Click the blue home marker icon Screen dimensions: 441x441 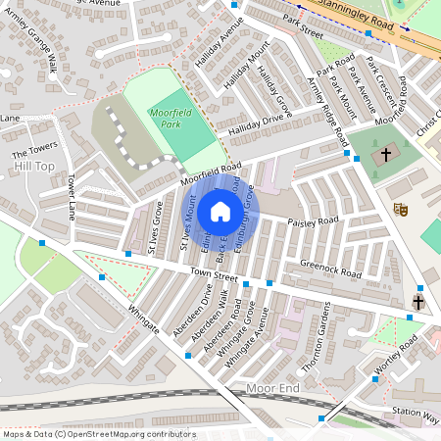click(220, 212)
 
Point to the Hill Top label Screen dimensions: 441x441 click(34, 168)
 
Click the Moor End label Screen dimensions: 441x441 click(271, 389)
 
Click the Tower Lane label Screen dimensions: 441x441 click(71, 199)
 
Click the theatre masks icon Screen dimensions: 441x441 click(400, 209)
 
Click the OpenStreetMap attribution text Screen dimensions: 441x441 click(85, 433)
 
